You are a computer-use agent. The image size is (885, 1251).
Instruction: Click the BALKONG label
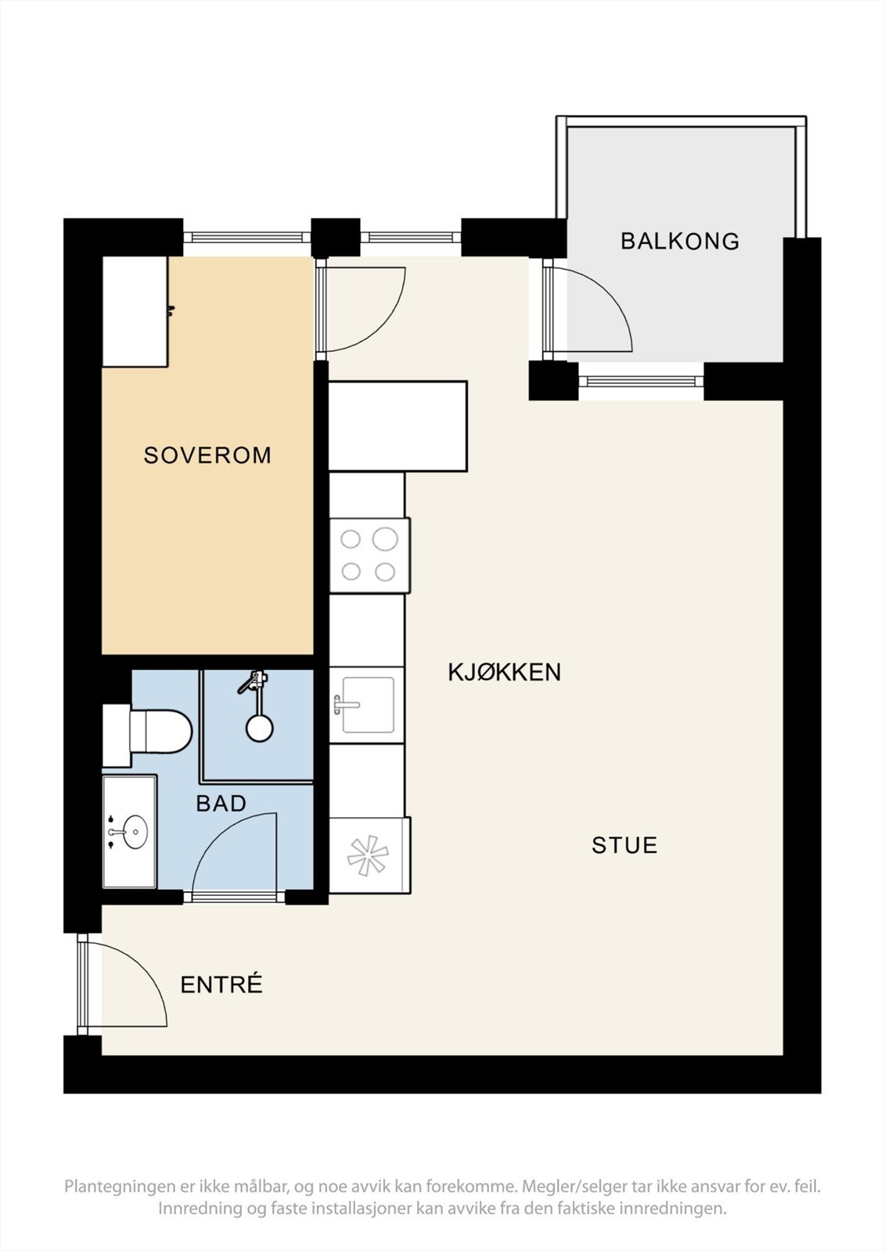pyautogui.click(x=679, y=241)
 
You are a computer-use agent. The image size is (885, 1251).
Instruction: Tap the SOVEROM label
pyautogui.click(x=207, y=455)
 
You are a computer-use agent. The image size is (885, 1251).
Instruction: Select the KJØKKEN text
pyautogui.click(x=504, y=672)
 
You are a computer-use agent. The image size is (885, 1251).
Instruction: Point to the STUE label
pyautogui.click(x=624, y=845)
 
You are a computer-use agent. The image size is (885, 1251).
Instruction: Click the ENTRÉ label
pyautogui.click(x=221, y=985)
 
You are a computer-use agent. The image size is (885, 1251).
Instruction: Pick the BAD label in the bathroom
pyautogui.click(x=221, y=803)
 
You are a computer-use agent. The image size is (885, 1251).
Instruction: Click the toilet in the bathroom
pyautogui.click(x=156, y=731)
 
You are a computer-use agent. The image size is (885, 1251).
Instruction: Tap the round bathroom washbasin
pyautogui.click(x=135, y=831)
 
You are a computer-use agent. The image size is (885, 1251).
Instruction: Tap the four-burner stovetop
pyautogui.click(x=369, y=555)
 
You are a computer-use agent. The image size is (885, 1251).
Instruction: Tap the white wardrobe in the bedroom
pyautogui.click(x=135, y=311)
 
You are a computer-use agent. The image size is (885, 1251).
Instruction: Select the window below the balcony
pyautogui.click(x=642, y=382)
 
